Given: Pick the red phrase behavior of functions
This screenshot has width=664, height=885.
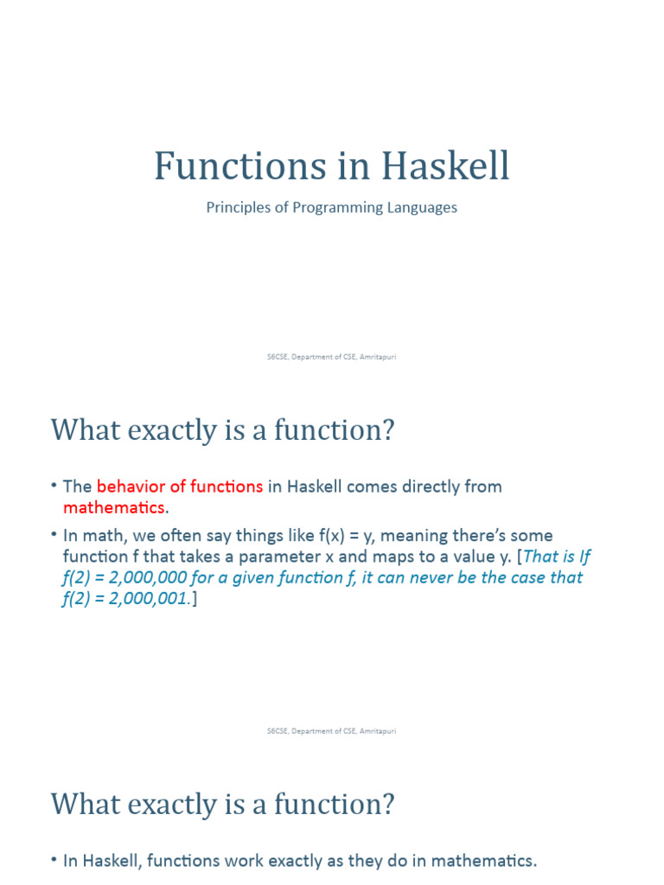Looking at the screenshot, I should [180, 487].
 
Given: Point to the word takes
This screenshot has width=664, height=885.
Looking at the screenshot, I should [179, 557].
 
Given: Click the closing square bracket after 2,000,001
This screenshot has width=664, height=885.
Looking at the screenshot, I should [195, 598].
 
